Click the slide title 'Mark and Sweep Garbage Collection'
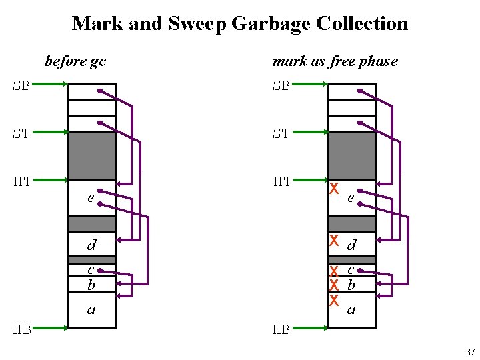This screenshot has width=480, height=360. (x=240, y=24)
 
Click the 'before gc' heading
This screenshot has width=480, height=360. (x=75, y=62)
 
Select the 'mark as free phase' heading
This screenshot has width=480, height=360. (x=335, y=62)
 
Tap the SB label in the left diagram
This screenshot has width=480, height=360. (x=22, y=86)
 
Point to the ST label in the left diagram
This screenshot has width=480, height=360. (x=22, y=133)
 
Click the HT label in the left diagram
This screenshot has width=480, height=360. (x=22, y=181)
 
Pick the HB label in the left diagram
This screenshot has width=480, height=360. (x=22, y=329)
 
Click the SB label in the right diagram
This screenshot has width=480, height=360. (x=281, y=86)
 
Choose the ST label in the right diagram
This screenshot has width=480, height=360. (x=281, y=133)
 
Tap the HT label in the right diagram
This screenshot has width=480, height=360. (x=281, y=181)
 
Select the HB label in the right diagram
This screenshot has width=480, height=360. (x=281, y=329)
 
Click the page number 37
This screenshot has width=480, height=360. (x=469, y=351)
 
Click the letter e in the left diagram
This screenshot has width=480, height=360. (x=90, y=198)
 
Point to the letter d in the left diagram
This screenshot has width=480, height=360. (x=91, y=245)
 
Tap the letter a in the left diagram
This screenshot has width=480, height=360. (x=91, y=309)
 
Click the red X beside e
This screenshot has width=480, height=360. (x=335, y=189)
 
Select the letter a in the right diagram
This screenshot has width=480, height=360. (x=351, y=309)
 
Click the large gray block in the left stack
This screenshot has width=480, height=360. (x=92, y=156)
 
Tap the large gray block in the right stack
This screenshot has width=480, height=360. (x=352, y=156)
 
